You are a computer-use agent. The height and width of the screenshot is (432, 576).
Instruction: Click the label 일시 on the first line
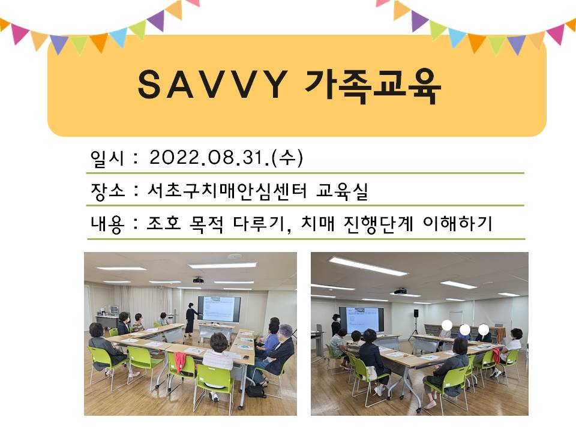106,158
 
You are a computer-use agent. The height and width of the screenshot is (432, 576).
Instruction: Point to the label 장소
106,191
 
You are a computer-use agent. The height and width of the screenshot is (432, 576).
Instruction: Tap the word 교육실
344,191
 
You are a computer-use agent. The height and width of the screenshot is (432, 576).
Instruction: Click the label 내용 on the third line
106,224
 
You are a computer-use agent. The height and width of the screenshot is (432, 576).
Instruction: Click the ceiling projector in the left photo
198,280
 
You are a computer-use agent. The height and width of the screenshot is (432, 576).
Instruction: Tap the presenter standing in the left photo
190,319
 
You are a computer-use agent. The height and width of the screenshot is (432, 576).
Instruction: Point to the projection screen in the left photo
219,308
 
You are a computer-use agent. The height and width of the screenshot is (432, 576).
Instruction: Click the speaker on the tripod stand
415,313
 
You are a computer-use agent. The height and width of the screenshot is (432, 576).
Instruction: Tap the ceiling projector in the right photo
400,291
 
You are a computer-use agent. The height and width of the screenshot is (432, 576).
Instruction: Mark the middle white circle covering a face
464,329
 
